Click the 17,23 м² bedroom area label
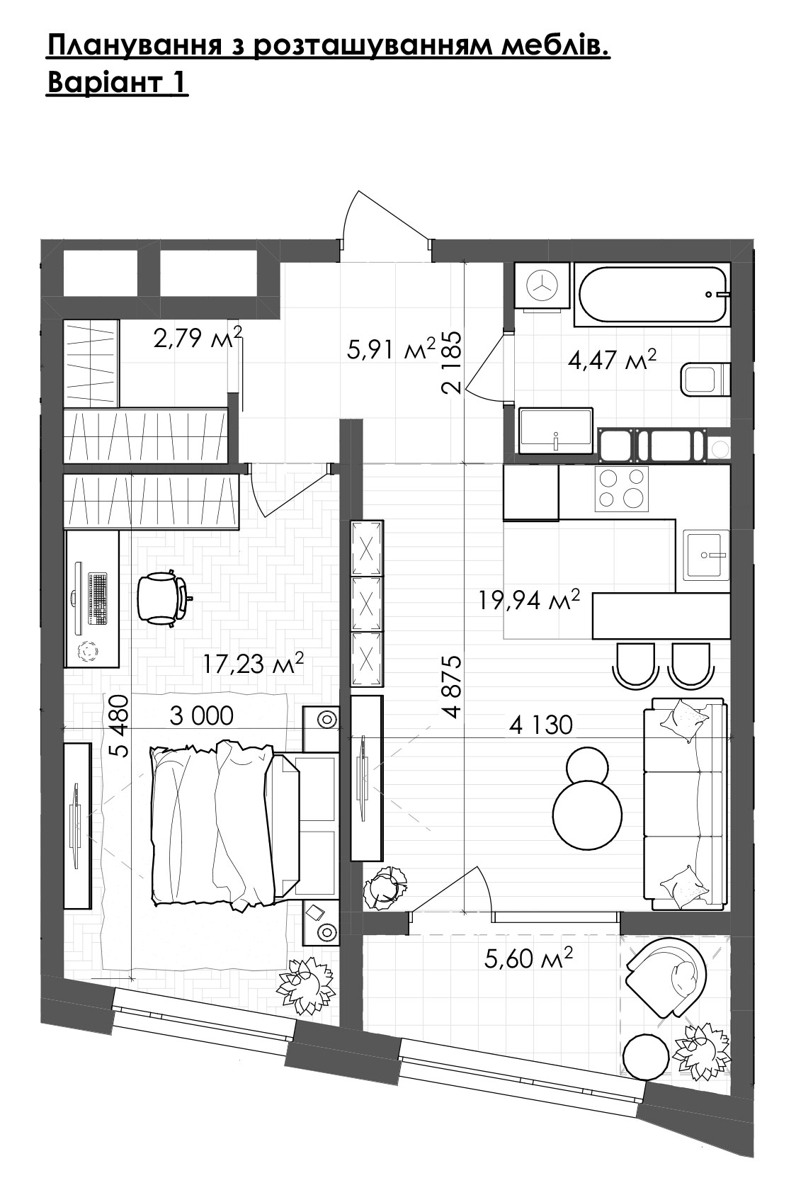(253, 663)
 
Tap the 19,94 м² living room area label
(529, 600)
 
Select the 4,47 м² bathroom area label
(612, 360)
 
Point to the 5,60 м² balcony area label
(528, 958)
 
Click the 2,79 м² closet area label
(198, 337)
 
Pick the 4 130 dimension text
(541, 725)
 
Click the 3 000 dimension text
(202, 716)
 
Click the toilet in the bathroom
(705, 379)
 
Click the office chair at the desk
(162, 598)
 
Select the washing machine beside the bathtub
(542, 285)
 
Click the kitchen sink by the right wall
(706, 554)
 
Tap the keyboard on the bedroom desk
(97, 599)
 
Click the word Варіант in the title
(106, 82)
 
